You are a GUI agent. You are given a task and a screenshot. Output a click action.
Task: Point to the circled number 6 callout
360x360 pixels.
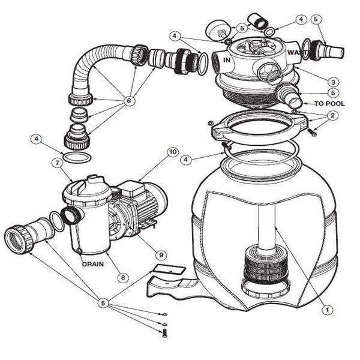click(128, 101)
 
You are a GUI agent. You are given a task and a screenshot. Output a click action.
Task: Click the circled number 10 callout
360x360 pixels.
click(173, 152)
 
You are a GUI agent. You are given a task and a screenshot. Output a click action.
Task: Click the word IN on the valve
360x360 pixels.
click(227, 60)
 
